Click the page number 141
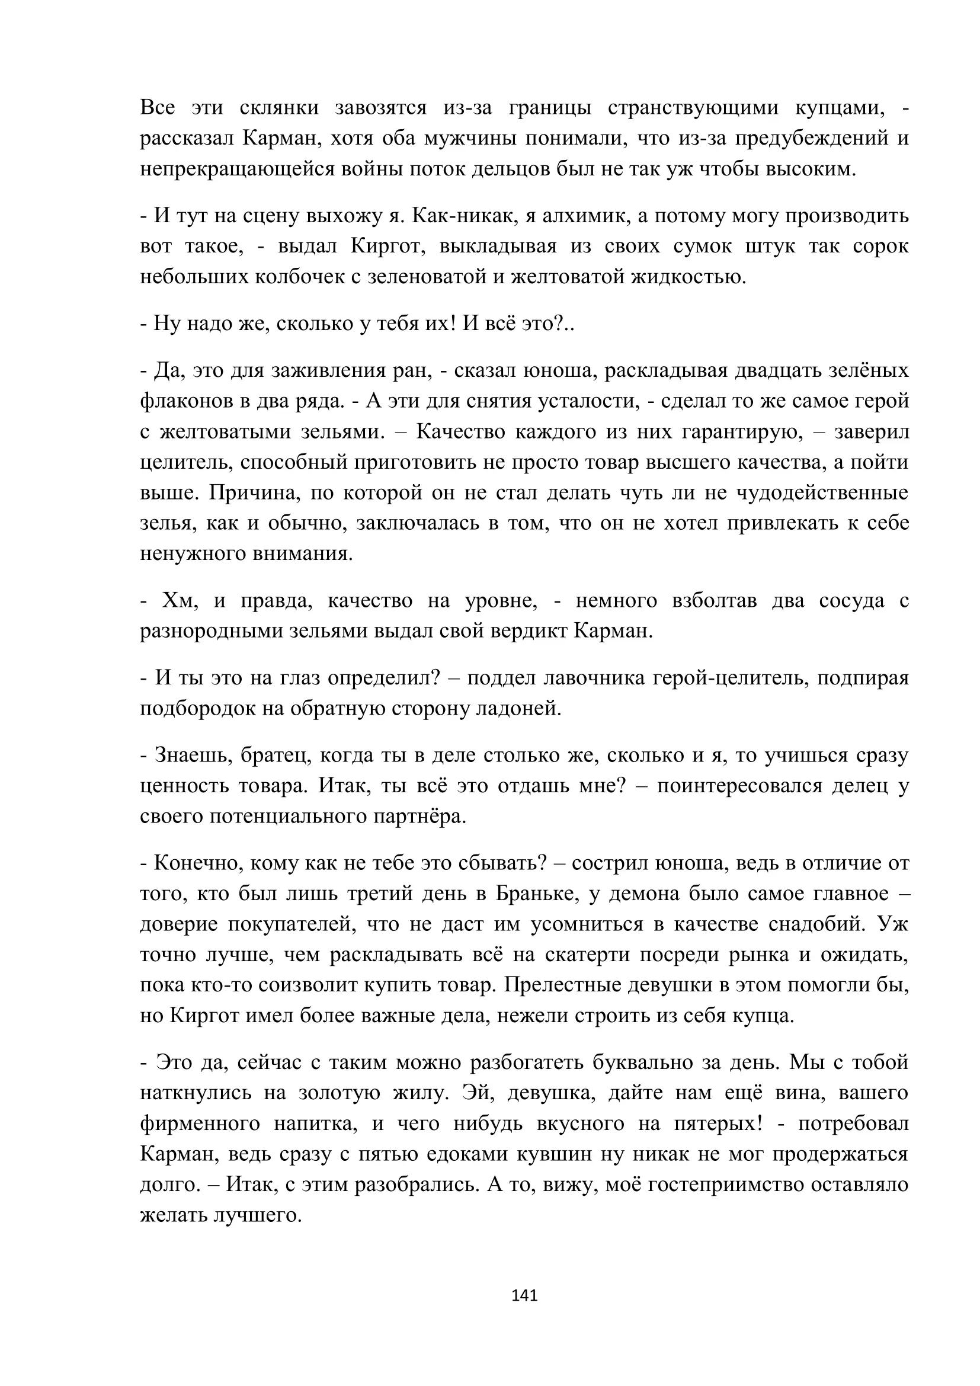pyautogui.click(x=524, y=1295)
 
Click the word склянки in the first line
pyautogui.click(x=279, y=108)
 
